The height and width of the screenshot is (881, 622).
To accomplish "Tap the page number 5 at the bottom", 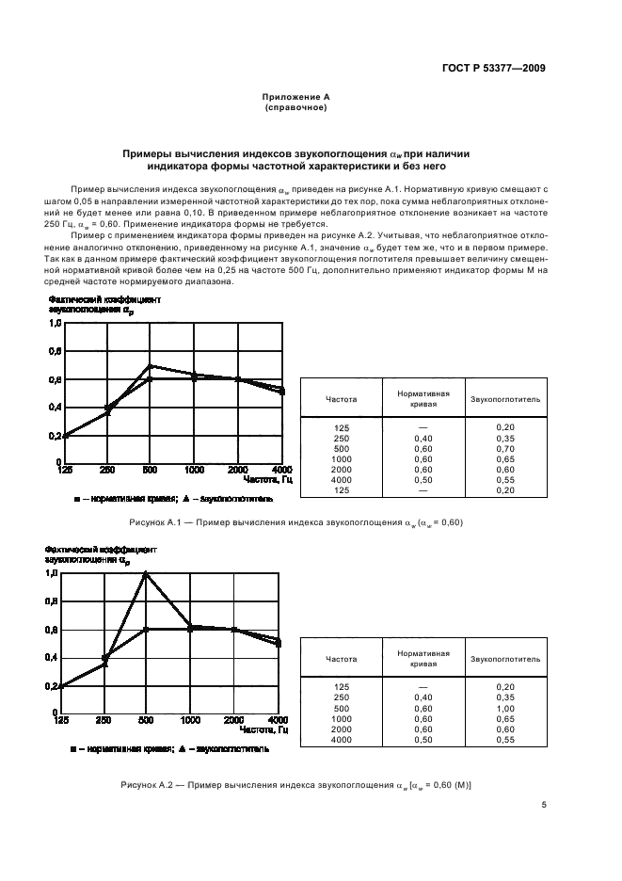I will pyautogui.click(x=544, y=805).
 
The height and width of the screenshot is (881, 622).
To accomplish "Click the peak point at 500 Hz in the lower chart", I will pyautogui.click(x=146, y=573).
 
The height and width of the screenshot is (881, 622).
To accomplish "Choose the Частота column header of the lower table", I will pyautogui.click(x=341, y=660).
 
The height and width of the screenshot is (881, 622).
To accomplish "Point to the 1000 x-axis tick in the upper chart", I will pyautogui.click(x=195, y=470).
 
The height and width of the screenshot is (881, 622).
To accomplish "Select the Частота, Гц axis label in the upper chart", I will pyautogui.click(x=267, y=480).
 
